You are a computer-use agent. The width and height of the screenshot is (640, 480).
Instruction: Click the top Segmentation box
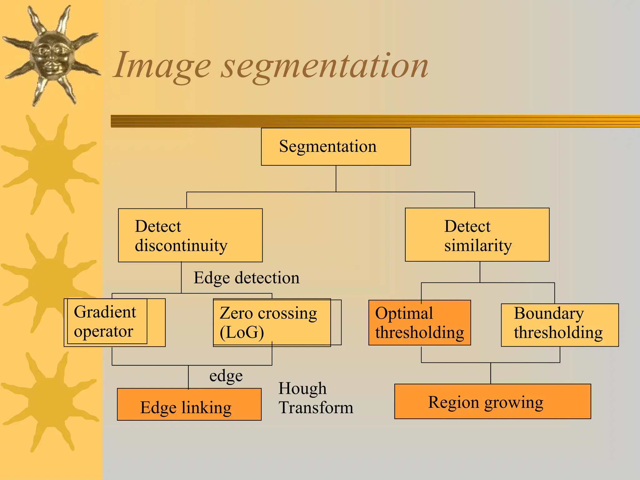pos(336,147)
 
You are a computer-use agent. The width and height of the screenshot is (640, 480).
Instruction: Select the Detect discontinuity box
pos(190,235)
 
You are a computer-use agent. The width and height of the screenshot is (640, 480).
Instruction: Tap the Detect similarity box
pos(477,235)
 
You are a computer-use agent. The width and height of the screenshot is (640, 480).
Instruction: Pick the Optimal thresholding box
pos(419,323)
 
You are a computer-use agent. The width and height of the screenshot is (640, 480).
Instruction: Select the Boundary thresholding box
pos(559,325)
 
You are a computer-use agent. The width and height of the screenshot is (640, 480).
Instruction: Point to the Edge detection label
pos(246,277)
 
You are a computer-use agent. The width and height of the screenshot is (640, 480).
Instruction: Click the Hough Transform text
pos(316,398)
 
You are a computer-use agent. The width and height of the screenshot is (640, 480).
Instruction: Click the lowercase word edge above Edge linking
pos(226,376)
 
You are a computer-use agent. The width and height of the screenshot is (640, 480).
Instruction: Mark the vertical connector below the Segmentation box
pos(336,178)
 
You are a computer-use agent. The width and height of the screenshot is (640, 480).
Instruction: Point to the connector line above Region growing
pos(491,373)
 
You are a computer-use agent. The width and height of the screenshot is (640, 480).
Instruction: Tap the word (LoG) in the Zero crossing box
pos(242,332)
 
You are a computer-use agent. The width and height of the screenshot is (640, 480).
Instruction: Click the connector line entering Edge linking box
pos(188,377)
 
